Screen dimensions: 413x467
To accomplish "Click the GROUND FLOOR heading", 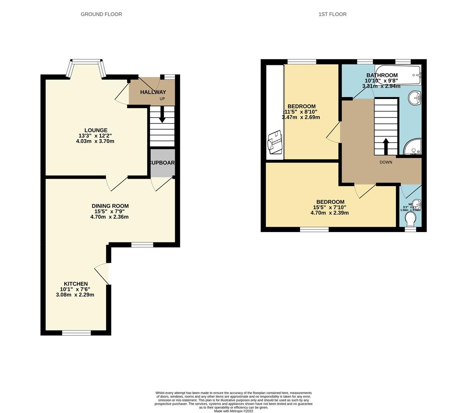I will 101,14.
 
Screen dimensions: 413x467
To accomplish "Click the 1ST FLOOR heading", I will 332,14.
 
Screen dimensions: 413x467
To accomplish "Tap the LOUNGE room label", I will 96,130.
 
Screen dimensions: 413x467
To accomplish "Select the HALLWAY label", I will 153,92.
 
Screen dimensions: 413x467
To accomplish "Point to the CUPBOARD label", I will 163,163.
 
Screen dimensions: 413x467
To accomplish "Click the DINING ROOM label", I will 110,206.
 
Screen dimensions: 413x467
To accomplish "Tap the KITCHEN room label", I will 76,284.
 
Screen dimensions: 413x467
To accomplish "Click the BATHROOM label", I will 382,75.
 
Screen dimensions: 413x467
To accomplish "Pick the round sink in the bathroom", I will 415,98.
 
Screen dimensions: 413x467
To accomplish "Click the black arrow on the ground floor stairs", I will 162,115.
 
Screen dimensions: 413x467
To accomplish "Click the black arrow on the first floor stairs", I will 386,146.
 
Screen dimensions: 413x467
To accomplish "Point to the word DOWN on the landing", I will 386,162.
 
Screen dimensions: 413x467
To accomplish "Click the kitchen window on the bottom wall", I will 76,333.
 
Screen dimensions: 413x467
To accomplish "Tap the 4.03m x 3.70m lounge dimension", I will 95,141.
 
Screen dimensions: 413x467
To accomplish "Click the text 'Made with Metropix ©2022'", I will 233,411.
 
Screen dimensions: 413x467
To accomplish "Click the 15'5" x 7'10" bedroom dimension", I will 330,208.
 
